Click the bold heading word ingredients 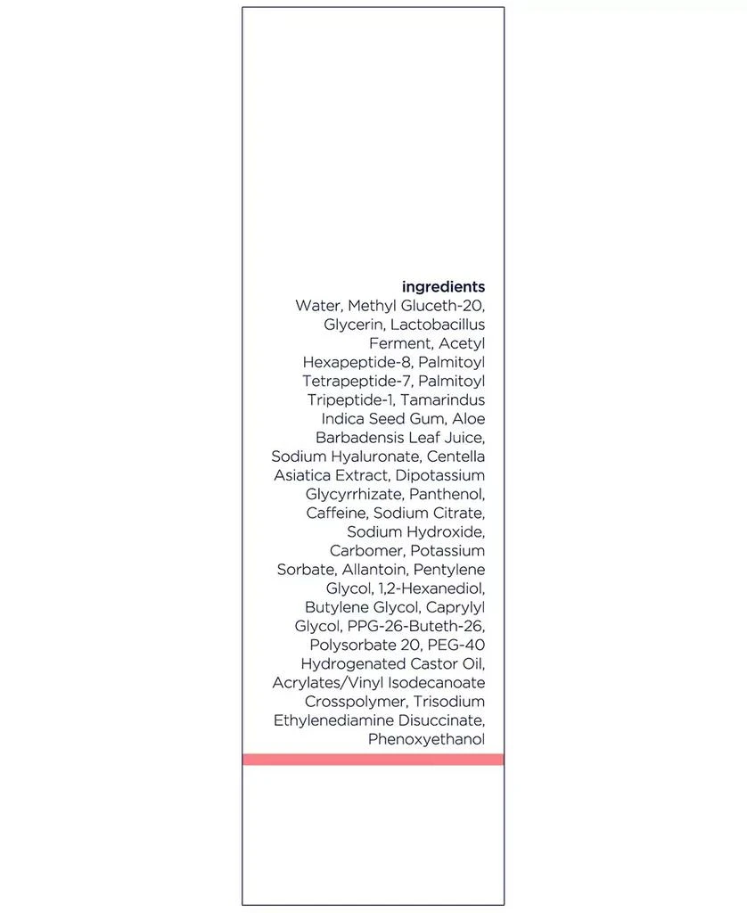(x=443, y=287)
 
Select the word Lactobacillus (x=438, y=325)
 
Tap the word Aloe (x=469, y=418)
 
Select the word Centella (x=456, y=456)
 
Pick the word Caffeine (x=336, y=513)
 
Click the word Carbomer (x=366, y=551)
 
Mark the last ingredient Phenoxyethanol (x=426, y=739)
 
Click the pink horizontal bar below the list (x=373, y=759)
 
